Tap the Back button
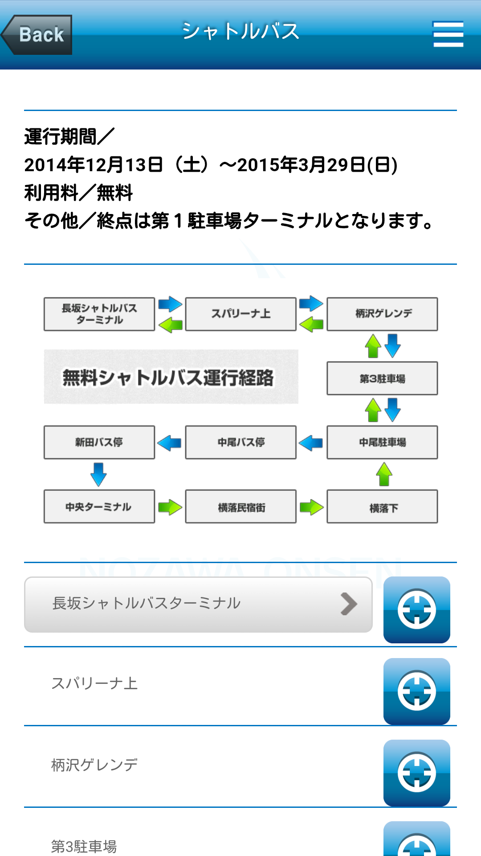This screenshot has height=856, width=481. click(x=37, y=35)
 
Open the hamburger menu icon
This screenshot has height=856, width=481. click(x=448, y=34)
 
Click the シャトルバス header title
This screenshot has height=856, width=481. click(x=240, y=32)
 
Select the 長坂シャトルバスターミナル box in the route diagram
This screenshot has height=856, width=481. click(x=99, y=314)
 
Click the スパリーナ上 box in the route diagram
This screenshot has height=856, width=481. click(x=240, y=314)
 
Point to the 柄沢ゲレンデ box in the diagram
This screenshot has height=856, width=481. click(x=382, y=314)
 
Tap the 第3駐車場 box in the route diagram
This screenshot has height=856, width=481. click(x=382, y=379)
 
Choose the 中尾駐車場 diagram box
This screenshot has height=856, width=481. click(x=382, y=442)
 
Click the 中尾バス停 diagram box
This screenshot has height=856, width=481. click(x=240, y=442)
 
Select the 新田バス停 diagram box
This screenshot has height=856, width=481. click(x=99, y=442)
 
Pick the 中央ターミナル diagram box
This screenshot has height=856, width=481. click(x=99, y=506)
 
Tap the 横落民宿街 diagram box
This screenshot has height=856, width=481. click(x=240, y=506)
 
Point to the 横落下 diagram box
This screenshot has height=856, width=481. click(x=382, y=506)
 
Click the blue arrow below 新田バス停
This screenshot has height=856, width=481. click(x=98, y=474)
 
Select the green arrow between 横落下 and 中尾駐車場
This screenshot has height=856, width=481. click(x=384, y=474)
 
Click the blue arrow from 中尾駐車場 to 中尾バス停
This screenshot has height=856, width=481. click(x=311, y=443)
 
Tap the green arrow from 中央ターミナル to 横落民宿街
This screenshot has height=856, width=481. click(x=170, y=507)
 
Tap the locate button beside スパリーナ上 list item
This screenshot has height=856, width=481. click(x=416, y=691)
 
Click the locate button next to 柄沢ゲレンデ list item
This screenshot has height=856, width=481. click(x=416, y=773)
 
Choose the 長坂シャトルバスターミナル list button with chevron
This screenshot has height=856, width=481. click(x=198, y=605)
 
